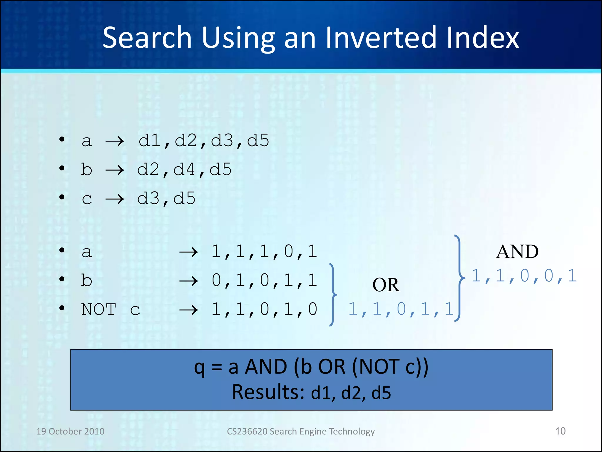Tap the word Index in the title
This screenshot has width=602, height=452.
(483, 38)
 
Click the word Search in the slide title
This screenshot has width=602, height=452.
(147, 38)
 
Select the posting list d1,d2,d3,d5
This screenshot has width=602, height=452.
(204, 140)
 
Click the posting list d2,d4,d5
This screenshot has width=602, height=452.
(185, 169)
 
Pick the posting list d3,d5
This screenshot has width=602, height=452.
(166, 198)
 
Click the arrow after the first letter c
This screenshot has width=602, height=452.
(115, 199)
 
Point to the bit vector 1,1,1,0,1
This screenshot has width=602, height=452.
(264, 252)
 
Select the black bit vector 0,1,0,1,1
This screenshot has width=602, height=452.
(264, 280)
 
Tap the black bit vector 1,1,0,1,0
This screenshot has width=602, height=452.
(264, 309)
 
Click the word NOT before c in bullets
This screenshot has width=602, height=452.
(99, 310)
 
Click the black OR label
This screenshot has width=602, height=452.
(386, 285)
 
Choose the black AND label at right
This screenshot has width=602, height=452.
(517, 252)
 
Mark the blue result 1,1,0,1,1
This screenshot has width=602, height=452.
(401, 309)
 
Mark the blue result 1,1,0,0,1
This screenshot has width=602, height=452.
(524, 276)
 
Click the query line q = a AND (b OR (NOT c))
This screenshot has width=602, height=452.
(311, 367)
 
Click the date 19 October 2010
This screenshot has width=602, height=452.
(70, 431)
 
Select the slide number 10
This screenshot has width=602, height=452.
(560, 431)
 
